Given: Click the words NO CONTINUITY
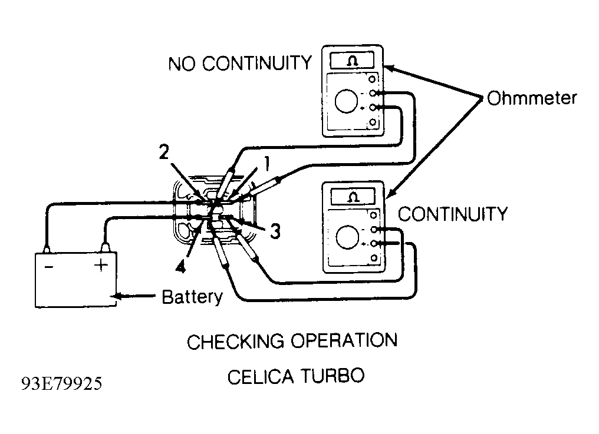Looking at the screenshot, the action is [240, 64].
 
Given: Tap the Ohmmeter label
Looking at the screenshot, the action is [532, 98].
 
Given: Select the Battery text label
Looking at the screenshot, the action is [192, 297].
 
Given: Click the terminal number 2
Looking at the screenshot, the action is [164, 153].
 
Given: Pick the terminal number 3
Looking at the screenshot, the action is [275, 231].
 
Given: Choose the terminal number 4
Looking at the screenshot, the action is [180, 266].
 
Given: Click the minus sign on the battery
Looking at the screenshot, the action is [49, 267].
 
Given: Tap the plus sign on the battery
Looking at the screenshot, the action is [101, 265].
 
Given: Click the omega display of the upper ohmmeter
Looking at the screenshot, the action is [352, 61].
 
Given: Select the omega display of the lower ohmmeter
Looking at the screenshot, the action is [353, 197].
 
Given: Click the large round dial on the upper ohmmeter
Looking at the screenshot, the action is [346, 101].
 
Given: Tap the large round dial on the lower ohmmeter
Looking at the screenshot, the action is [348, 237].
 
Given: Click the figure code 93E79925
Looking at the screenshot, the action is [61, 384].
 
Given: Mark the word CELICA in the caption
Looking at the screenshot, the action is [261, 377].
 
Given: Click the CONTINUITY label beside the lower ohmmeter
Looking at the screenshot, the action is [453, 214].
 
